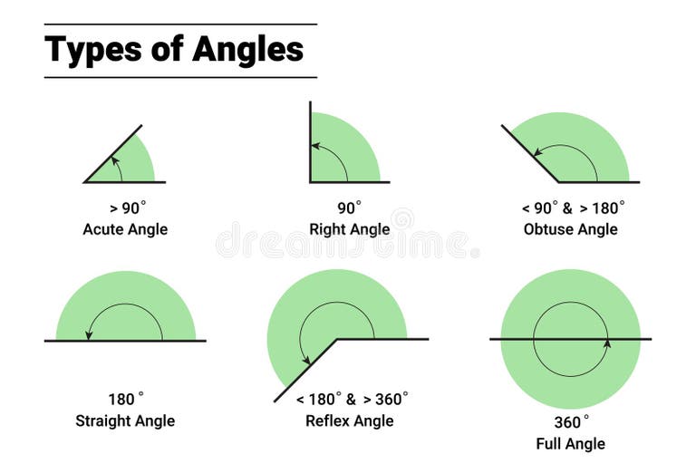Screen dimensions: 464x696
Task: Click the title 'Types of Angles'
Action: click(174, 49)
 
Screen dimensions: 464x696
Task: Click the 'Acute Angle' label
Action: click(125, 229)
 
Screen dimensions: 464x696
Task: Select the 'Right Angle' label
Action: click(350, 229)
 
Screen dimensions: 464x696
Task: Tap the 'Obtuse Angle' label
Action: click(570, 229)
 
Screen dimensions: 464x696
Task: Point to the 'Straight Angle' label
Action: click(125, 420)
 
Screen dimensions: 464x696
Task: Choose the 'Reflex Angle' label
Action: click(350, 420)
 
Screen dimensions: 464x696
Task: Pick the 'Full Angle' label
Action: click(570, 443)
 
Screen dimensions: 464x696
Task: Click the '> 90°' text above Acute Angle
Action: click(125, 208)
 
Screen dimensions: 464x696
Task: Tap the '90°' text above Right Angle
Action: click(350, 208)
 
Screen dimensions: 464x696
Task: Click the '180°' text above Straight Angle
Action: click(125, 399)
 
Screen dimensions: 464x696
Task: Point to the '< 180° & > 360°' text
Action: click(353, 399)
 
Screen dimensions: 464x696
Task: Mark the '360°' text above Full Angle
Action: click(572, 421)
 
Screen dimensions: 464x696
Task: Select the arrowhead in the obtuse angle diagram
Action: click(537, 152)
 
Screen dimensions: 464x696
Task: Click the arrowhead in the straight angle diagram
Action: click(89, 335)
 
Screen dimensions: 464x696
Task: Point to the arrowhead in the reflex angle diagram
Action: click(305, 360)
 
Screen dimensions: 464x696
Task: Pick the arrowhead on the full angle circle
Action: click(607, 343)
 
